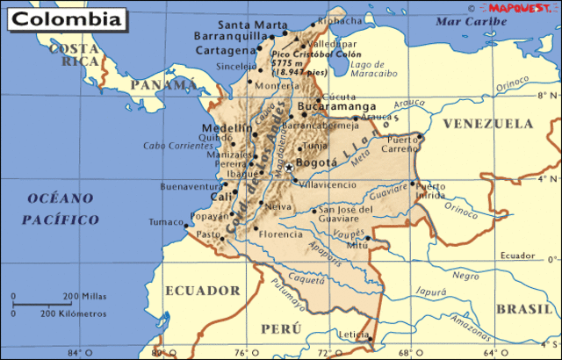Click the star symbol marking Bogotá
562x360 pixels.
tap(288, 167)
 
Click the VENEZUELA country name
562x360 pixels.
tap(488, 125)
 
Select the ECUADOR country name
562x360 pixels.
tap(202, 289)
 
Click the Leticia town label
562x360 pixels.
tap(353, 335)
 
